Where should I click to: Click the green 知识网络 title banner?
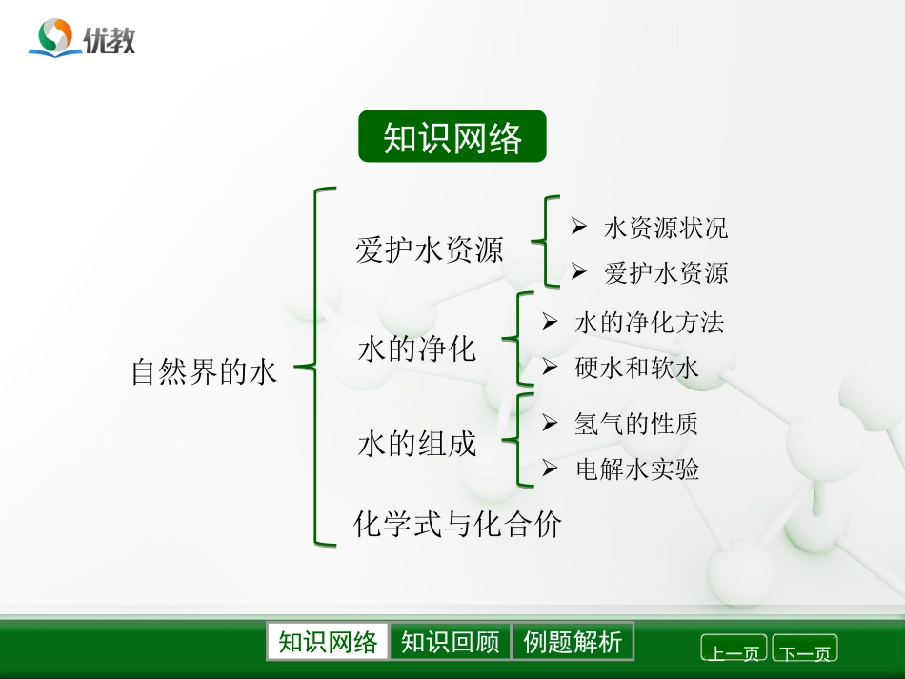coord(452,137)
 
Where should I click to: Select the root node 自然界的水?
coord(204,371)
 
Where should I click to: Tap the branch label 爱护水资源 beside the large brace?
coord(430,250)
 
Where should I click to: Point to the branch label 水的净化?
coord(417,349)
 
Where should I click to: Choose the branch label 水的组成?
coord(417,444)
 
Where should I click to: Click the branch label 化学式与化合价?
coord(458,523)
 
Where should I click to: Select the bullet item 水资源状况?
coord(666,228)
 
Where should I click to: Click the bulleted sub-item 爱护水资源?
coord(666,274)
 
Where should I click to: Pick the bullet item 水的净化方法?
coord(650,323)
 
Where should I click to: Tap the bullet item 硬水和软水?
coord(637,369)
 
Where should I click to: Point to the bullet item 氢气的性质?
coord(636,424)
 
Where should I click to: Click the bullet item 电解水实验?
coord(637,469)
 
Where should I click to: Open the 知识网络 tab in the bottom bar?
coord(328,642)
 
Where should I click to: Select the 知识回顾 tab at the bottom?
coord(451,642)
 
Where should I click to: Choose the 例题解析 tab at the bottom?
coord(573,642)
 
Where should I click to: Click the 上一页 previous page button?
coord(734,651)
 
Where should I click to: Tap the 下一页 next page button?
coord(805,651)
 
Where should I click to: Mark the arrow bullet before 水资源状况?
coord(578,227)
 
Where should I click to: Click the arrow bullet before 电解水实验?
coord(550,469)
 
